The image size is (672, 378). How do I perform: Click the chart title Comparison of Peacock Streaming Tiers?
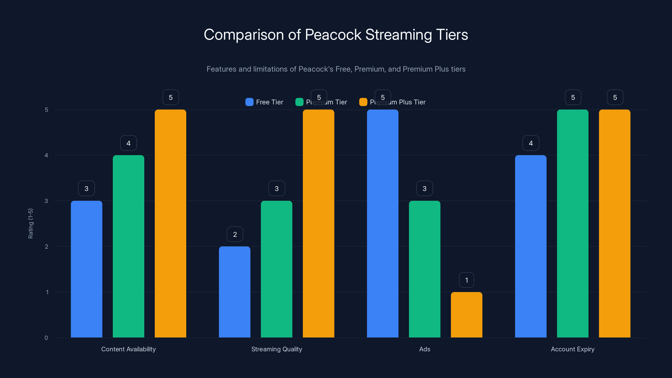coord(336,35)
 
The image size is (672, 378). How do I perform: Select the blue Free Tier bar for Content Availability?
coord(86,269)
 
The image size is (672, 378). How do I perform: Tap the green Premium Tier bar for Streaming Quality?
coord(277,269)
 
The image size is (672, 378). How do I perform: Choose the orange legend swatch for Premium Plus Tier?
coord(363,102)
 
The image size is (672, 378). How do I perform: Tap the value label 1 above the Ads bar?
coord(466,280)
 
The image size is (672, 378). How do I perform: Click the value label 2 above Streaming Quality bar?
coord(235,234)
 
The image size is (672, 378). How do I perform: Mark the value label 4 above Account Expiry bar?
coord(531,143)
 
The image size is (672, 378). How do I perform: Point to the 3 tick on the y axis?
coord(46,201)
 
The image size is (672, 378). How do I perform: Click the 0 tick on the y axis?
coord(46,338)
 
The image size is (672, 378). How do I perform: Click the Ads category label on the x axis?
coord(424,349)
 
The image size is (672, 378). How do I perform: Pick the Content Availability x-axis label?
coord(128,349)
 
